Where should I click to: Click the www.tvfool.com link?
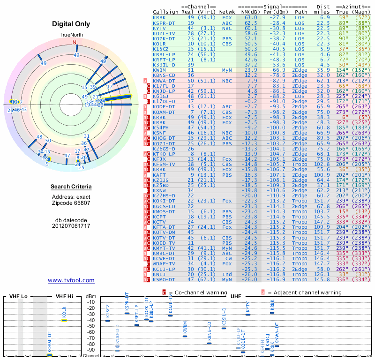[71, 280]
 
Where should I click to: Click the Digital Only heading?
[71, 24]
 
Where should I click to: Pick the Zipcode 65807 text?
[71, 203]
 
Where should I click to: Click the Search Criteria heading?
[71, 187]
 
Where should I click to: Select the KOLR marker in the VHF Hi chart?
[65, 320]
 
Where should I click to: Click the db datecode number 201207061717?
[71, 226]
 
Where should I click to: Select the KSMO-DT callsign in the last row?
[164, 279]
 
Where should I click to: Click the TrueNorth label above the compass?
[71, 35]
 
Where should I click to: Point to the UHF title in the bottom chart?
[236, 296]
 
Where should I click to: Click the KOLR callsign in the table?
[160, 44]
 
